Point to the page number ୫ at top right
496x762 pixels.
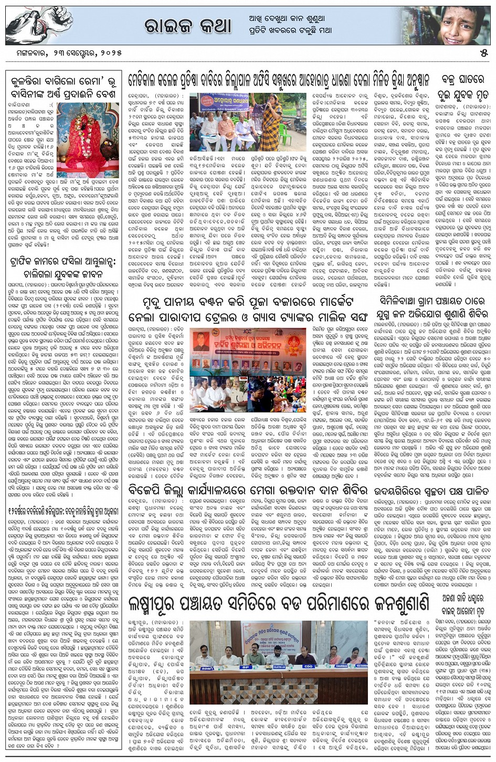click(x=484, y=54)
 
